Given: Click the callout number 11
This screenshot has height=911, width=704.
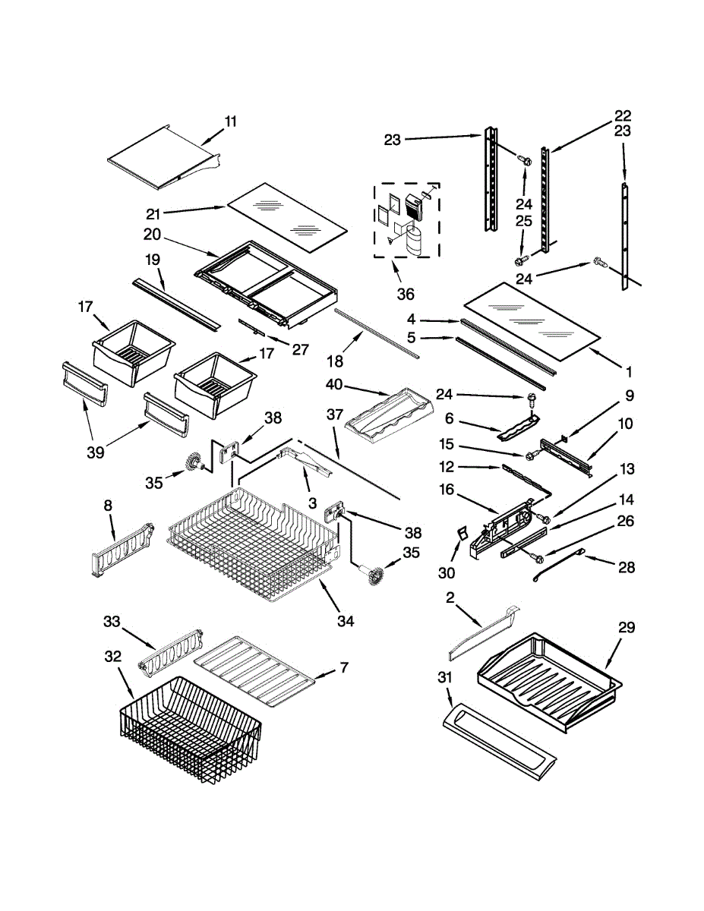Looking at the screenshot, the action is click(x=231, y=121).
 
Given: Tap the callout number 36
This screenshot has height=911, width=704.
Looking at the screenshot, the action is click(x=406, y=295).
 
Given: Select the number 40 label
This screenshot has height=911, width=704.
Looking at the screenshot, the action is click(x=334, y=384).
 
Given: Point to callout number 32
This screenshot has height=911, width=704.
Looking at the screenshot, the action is click(x=113, y=656).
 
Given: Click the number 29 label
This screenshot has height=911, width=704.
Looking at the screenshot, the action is click(x=626, y=627).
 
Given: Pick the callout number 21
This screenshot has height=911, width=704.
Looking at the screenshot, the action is click(x=153, y=214).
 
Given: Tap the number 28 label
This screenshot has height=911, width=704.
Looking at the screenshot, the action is click(x=627, y=567).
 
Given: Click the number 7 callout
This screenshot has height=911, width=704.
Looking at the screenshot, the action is click(x=344, y=667).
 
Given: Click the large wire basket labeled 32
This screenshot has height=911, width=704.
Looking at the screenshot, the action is click(x=191, y=736).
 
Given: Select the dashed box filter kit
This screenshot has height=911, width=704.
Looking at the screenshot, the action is click(x=407, y=220).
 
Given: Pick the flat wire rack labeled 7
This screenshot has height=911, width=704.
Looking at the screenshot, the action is click(x=254, y=671).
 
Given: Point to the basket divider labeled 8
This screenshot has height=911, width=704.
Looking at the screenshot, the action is click(x=122, y=550).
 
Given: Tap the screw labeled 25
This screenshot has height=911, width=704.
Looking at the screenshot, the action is click(x=520, y=260).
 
